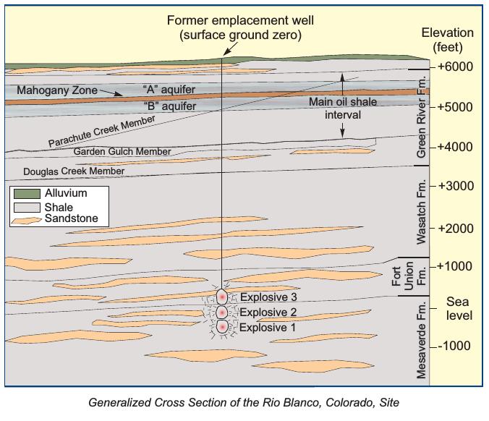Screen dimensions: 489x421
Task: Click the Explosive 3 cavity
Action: point(222,297)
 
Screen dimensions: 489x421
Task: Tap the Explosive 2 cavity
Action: point(222,312)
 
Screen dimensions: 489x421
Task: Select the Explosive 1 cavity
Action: point(222,327)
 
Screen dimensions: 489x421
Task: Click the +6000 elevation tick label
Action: point(455,67)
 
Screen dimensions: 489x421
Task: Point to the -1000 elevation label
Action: point(454,346)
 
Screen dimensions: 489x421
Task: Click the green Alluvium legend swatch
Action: point(27,194)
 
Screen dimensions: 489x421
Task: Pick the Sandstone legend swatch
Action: point(26,221)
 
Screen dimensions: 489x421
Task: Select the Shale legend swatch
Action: point(27,208)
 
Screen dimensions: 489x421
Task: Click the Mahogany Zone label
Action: point(57,90)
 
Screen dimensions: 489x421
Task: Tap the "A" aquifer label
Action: point(169,90)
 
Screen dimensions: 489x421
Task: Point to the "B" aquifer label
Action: point(170,106)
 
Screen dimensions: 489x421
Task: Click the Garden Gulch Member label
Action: point(122,152)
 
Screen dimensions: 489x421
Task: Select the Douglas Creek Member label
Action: point(74,171)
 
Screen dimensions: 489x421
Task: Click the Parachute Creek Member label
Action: point(102,131)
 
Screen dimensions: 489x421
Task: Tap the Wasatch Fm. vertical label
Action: point(421,211)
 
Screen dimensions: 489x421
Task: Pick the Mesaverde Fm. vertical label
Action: point(421,339)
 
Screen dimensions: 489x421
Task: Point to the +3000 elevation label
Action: point(456,186)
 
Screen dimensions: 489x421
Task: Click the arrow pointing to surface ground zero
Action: point(231,49)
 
